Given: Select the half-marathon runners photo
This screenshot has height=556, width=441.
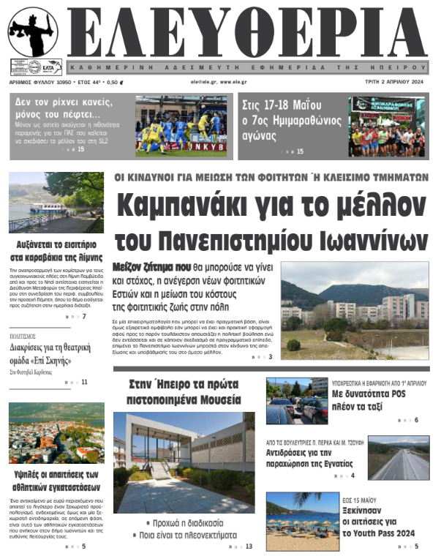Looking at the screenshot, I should coord(388,126).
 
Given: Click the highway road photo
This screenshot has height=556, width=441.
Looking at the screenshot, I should coord(398,459).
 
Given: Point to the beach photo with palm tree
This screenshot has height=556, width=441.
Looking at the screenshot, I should coord(302,520).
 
